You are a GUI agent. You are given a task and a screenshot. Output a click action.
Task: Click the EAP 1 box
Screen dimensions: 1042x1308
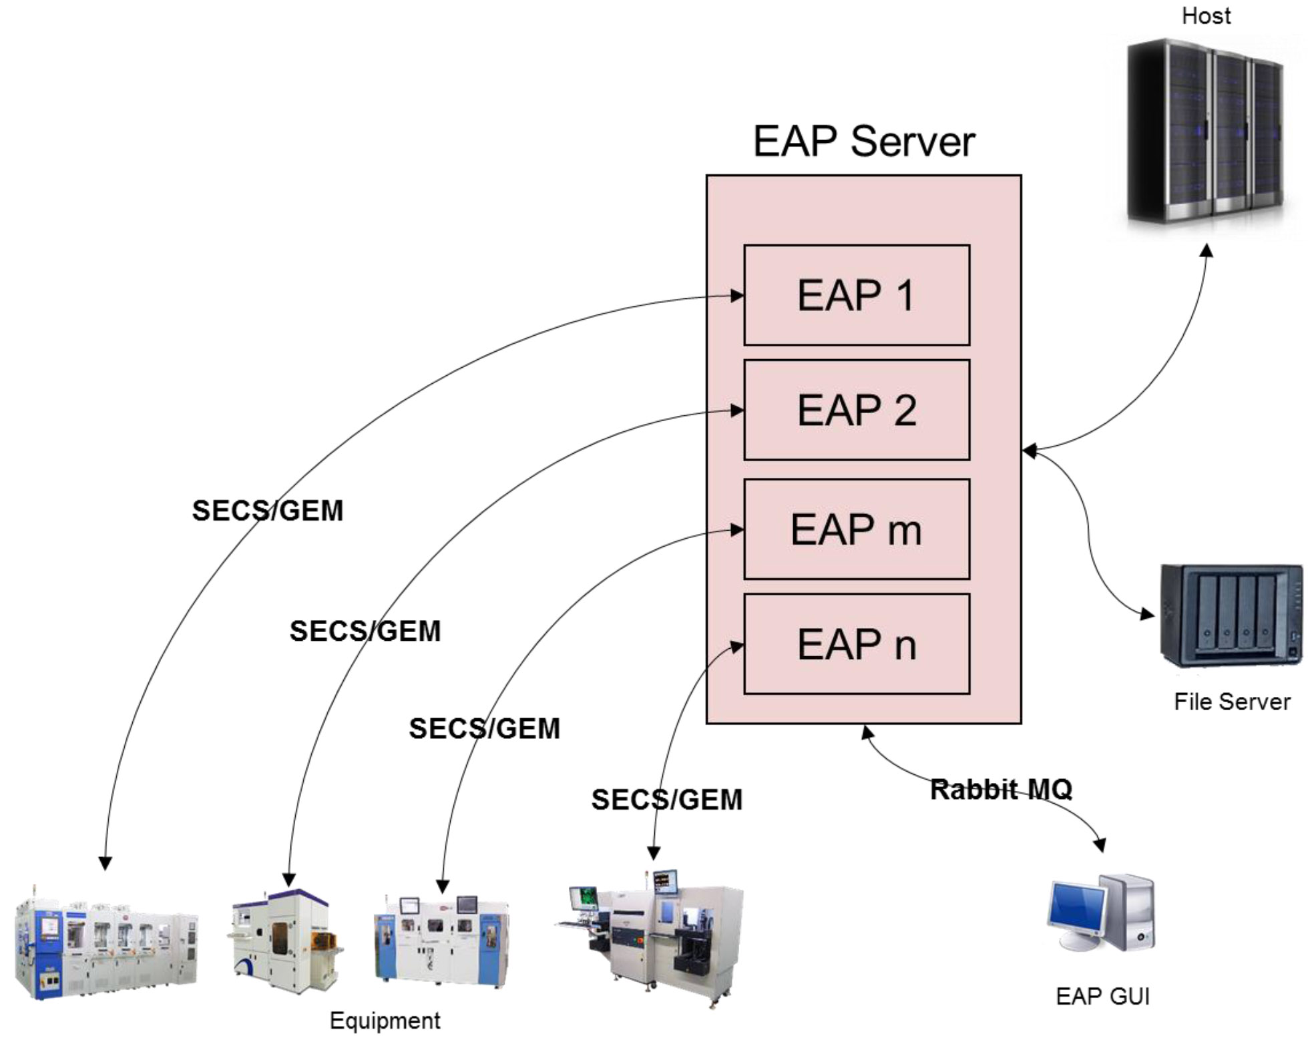tap(857, 295)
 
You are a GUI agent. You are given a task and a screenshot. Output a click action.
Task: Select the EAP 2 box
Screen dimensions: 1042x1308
tap(857, 410)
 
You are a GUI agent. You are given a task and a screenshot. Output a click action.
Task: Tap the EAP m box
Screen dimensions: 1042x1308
tap(857, 529)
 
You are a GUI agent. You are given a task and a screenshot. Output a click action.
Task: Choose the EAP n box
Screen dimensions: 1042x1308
tap(857, 644)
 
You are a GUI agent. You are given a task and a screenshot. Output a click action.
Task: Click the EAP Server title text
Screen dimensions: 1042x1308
tap(864, 142)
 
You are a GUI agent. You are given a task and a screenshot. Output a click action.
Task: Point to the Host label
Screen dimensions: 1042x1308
tap(1206, 16)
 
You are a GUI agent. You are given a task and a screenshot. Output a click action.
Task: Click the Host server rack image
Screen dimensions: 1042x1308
tap(1205, 130)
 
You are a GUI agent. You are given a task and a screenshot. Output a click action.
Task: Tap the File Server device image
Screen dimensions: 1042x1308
tap(1231, 615)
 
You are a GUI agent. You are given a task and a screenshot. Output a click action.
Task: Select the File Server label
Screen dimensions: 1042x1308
tap(1232, 702)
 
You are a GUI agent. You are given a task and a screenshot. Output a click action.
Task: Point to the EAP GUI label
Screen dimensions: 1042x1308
tap(1102, 996)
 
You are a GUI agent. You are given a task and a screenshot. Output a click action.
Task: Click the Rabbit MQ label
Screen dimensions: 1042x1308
tap(1001, 790)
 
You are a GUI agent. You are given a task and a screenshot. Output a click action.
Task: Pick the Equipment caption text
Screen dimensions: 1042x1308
tap(385, 1021)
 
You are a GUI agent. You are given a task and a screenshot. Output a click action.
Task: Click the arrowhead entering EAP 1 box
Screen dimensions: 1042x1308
tap(737, 296)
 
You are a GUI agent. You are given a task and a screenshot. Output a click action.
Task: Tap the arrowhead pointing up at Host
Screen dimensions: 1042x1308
tap(1207, 250)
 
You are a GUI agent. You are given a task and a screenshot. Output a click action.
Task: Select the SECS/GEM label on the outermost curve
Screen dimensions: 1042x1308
tap(267, 511)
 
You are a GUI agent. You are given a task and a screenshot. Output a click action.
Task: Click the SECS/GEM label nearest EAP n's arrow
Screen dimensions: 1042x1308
tap(666, 800)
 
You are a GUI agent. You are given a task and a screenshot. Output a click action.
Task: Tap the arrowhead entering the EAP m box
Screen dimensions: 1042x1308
tap(737, 530)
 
